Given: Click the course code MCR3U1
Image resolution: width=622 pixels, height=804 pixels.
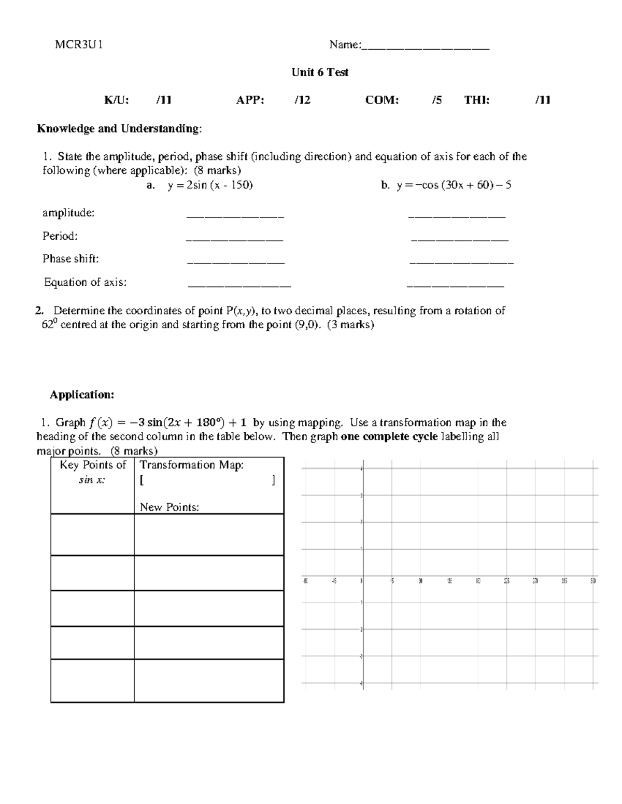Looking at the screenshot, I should pyautogui.click(x=79, y=45).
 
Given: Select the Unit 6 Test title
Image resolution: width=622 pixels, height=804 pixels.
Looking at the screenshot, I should pyautogui.click(x=320, y=72).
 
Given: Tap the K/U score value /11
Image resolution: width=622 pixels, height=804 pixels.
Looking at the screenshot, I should pyautogui.click(x=164, y=100).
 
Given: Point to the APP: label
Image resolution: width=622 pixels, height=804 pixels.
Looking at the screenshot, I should pyautogui.click(x=250, y=100).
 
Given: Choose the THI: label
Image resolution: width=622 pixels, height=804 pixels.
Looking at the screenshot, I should pyautogui.click(x=476, y=100).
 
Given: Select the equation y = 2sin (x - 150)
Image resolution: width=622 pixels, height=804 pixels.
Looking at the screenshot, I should pyautogui.click(x=210, y=185).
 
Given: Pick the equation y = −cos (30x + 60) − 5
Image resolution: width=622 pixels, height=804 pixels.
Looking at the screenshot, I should pyautogui.click(x=454, y=185).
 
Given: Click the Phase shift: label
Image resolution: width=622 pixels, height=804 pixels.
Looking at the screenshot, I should pyautogui.click(x=70, y=259).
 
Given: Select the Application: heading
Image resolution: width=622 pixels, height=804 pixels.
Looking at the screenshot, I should pyautogui.click(x=81, y=395).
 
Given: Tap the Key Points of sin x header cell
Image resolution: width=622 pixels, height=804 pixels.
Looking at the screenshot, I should pyautogui.click(x=92, y=472).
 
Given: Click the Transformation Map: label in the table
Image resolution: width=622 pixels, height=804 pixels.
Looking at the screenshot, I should pyautogui.click(x=192, y=465).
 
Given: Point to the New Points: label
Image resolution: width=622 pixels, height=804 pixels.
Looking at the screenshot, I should pyautogui.click(x=169, y=507).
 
